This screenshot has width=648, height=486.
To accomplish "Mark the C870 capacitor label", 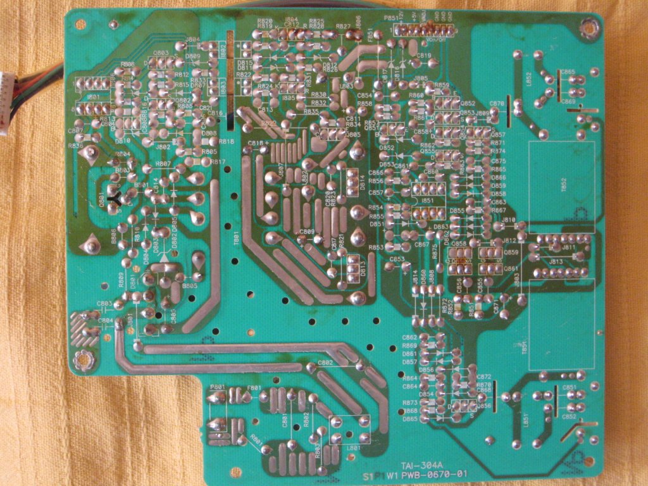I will pos(497,103).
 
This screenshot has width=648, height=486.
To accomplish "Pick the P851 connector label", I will pos(390,19).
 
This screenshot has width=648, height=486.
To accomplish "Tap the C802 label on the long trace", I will pos(325,363).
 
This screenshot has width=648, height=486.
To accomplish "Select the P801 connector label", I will pos(217,387).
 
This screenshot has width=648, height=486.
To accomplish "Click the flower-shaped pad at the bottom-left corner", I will pos(83,361).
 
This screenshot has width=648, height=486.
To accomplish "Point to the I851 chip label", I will pos(428,200).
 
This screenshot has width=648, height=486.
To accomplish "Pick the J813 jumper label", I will pos(556,261).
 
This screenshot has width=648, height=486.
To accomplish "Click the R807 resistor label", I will pos(163,164).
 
